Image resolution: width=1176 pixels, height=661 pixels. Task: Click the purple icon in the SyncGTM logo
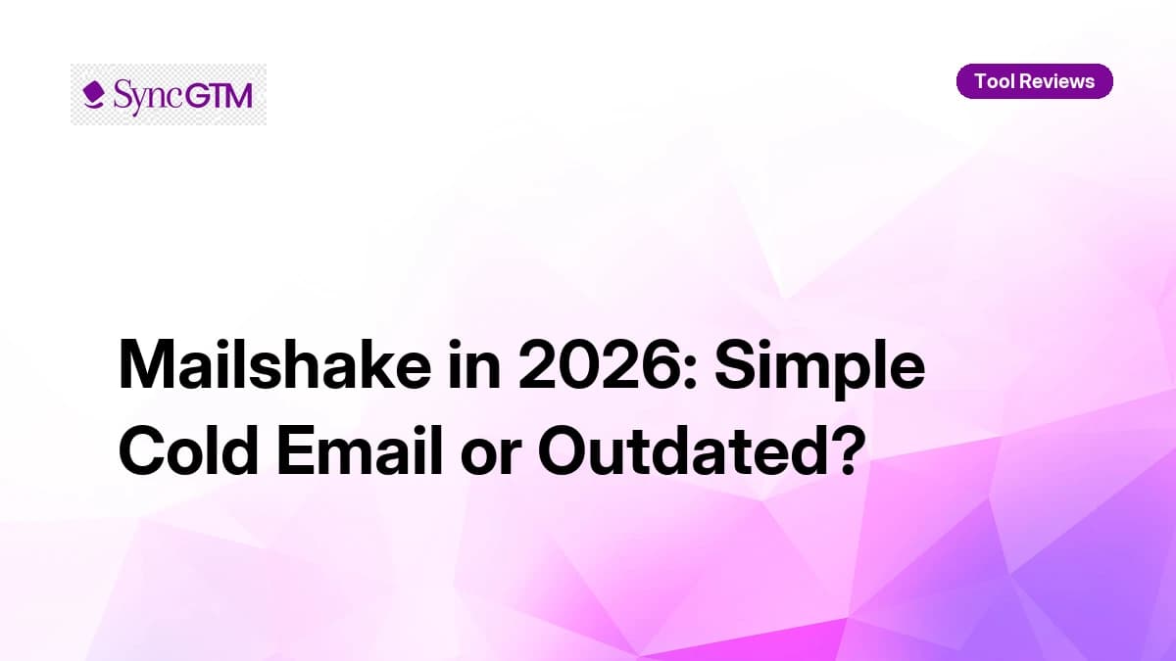[94, 94]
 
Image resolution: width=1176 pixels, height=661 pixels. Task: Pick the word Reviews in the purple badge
[1056, 81]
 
